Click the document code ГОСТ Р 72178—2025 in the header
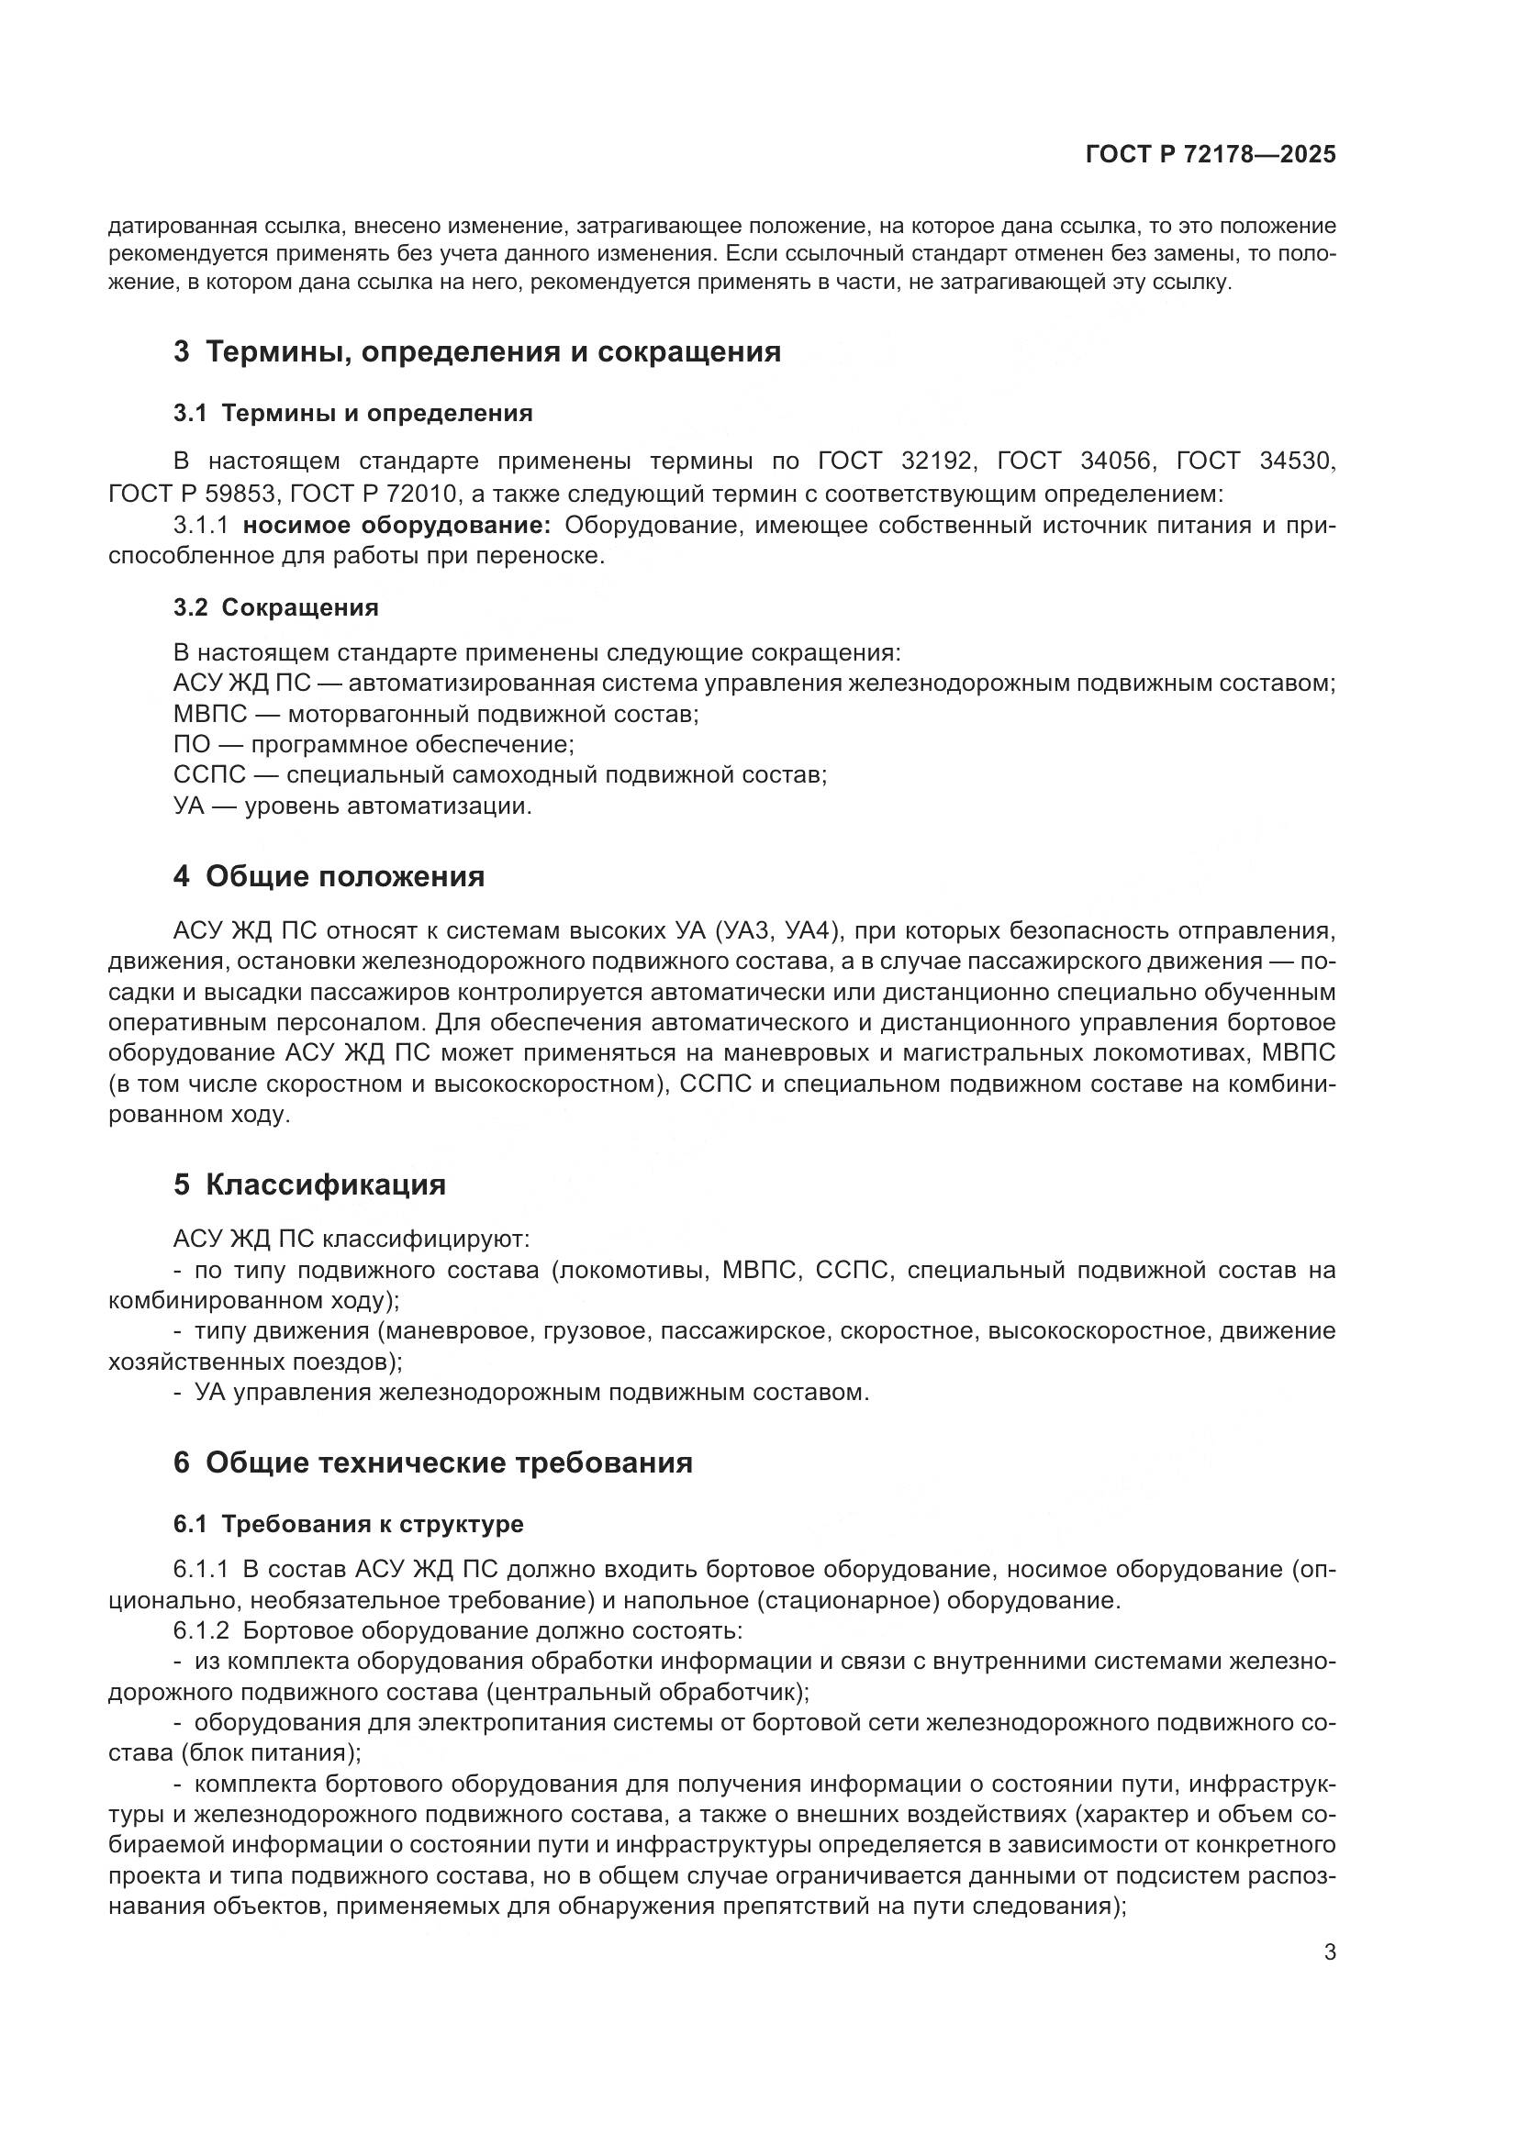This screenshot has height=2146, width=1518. click(x=1211, y=155)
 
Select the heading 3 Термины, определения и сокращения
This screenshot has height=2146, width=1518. click(x=476, y=352)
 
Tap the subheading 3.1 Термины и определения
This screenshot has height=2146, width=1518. click(x=352, y=413)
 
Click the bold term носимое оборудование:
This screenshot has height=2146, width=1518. click(x=396, y=526)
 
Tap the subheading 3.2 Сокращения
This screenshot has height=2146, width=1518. click(x=275, y=607)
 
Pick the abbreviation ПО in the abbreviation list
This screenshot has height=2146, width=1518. click(x=192, y=745)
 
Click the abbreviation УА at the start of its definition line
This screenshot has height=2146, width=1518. click(x=189, y=806)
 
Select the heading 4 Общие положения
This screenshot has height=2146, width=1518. click(x=329, y=877)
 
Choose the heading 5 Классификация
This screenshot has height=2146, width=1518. click(x=309, y=1185)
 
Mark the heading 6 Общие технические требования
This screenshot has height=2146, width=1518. click(x=433, y=1462)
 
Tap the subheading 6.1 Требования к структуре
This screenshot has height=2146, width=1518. click(x=348, y=1525)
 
